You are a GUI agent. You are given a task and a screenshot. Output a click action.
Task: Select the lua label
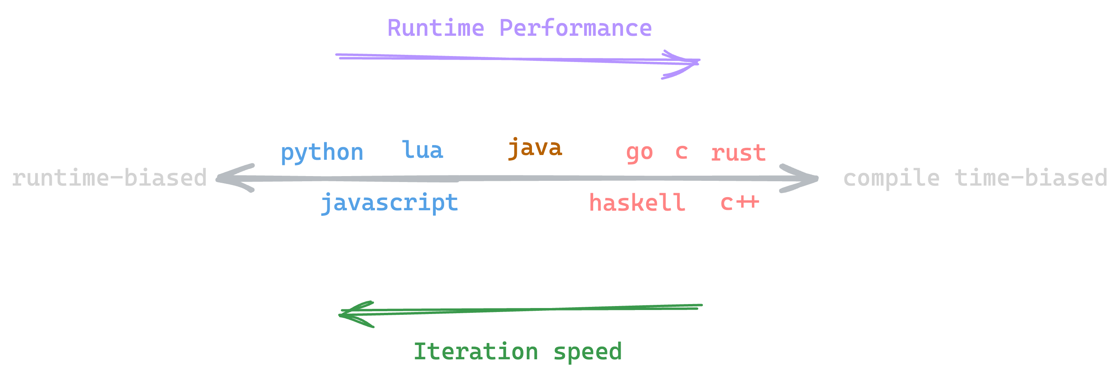click(422, 150)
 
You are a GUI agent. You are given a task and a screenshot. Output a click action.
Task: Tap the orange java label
click(535, 148)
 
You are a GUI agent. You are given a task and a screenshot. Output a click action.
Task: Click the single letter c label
click(681, 152)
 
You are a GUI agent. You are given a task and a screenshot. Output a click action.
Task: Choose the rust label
click(738, 153)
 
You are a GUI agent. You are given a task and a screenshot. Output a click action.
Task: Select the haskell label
click(637, 203)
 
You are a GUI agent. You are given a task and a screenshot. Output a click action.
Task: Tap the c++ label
click(740, 203)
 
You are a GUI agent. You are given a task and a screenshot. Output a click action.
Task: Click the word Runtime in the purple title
click(436, 28)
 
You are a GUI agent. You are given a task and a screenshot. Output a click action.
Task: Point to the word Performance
click(575, 28)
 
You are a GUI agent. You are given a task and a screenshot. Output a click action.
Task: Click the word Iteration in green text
click(476, 351)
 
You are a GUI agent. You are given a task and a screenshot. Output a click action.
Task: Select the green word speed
click(587, 351)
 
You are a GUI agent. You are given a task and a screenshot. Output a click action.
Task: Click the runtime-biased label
click(109, 178)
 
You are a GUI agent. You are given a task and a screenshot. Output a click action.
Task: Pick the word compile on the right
click(891, 178)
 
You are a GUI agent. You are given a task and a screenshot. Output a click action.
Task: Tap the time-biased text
click(1031, 178)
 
